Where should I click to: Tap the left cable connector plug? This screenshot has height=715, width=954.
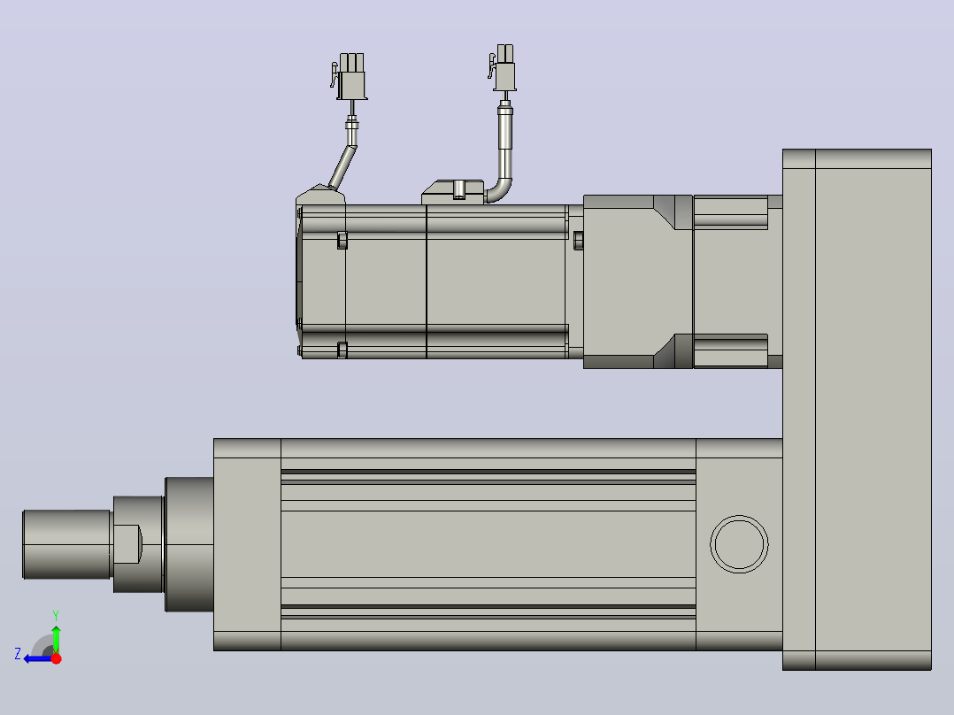[350, 76]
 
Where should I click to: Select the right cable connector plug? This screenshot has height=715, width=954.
[504, 67]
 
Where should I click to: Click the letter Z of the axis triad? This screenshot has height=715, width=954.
[18, 654]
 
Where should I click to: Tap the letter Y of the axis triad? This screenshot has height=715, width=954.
[56, 615]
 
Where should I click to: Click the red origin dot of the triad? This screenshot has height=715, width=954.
[56, 658]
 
